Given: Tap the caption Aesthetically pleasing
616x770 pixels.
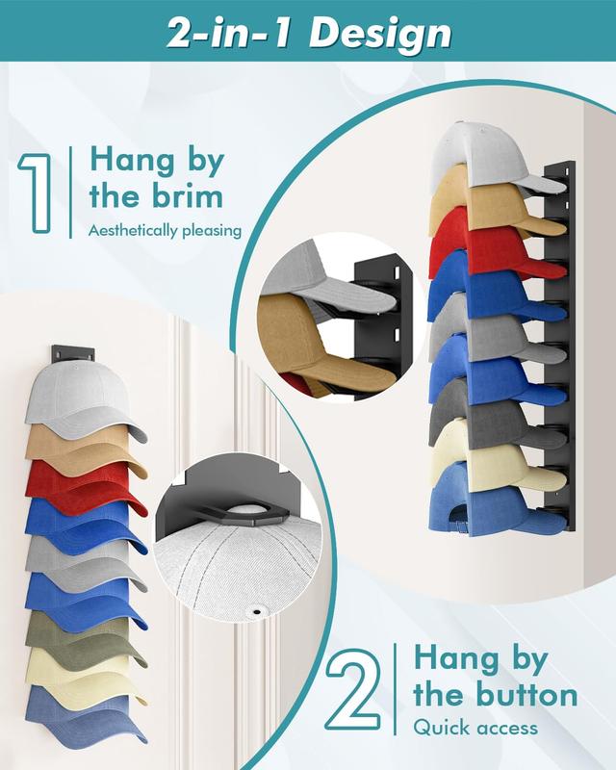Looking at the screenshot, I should pos(164,231).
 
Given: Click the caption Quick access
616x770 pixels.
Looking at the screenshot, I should pos(475,728).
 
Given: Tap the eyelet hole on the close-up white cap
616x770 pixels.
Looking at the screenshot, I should pos(259,609).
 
